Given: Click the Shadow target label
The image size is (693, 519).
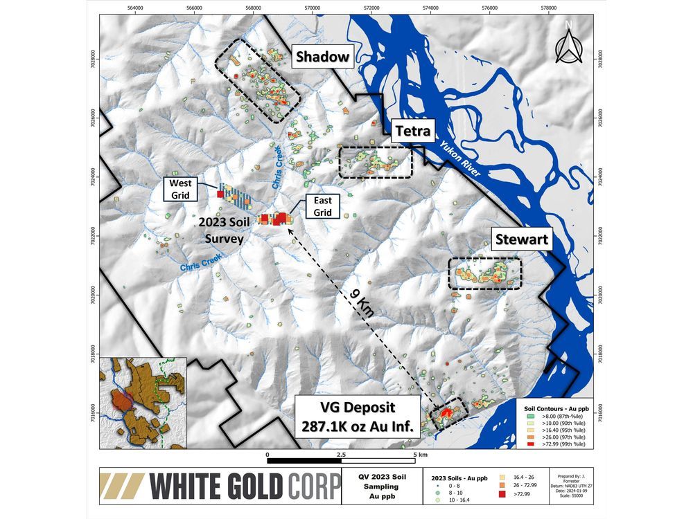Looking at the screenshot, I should pos(322,57).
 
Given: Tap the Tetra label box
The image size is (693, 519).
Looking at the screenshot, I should pos(414,131).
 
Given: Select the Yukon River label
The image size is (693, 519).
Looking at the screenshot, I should pos(461,161).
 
